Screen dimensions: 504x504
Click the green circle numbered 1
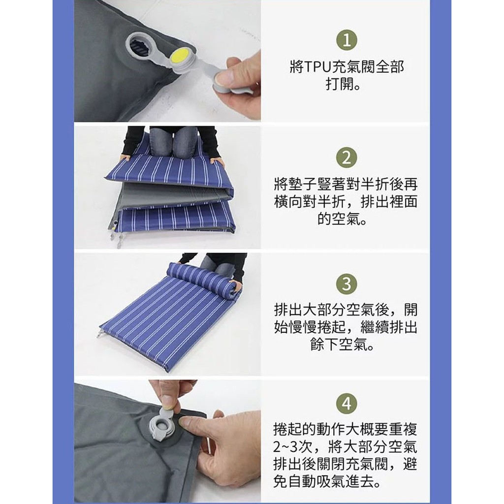346,40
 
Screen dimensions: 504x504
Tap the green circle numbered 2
346,158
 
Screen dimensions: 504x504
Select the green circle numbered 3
346,284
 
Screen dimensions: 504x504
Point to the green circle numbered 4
346,404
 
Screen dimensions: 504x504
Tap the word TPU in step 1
318,67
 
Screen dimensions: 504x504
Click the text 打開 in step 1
340,84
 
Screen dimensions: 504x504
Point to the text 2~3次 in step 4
295,447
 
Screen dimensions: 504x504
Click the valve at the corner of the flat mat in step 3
98,332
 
